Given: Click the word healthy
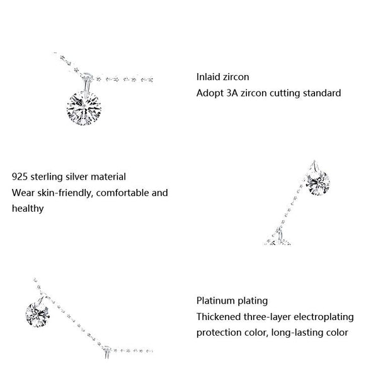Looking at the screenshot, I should [x=28, y=208].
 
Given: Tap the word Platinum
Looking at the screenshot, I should [x=216, y=301].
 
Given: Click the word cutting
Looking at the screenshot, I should [x=282, y=93].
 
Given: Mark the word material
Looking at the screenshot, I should [x=108, y=177].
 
